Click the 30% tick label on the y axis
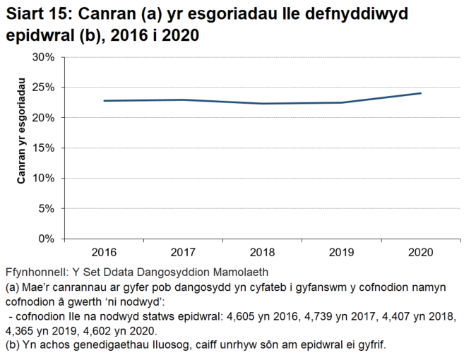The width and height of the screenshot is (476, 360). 44,57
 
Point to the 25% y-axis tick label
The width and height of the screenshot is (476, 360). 44,88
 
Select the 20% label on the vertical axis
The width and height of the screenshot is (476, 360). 44,118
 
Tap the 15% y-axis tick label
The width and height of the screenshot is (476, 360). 44,148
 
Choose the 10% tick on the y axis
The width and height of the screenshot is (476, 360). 44,178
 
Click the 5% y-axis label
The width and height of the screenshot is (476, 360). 47,208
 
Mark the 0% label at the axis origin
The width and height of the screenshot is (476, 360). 47,239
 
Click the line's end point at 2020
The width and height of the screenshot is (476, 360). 421,93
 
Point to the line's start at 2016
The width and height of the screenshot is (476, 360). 104,101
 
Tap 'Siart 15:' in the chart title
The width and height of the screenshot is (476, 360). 37,13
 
